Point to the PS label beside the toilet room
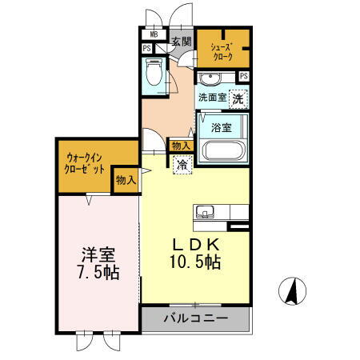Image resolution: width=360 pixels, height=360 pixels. point(147,49)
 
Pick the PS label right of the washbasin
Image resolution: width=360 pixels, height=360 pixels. point(243,76)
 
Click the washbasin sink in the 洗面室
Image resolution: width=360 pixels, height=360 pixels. point(212,78)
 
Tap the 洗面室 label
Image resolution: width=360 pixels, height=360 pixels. point(213,98)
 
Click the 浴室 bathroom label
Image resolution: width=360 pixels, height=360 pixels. point(222,126)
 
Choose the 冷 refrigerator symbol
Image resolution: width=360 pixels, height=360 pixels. point(182,163)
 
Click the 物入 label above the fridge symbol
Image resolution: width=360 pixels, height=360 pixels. point(180,146)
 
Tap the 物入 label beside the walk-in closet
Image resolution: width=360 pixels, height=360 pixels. point(126,180)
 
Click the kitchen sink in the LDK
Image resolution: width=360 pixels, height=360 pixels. point(203,212)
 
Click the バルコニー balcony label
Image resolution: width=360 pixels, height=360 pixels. point(196,318)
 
